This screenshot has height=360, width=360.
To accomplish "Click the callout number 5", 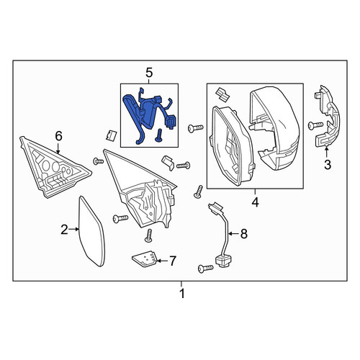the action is click(149, 73).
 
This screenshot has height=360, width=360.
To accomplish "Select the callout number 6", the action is click(59, 136).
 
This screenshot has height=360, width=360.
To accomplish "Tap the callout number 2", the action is click(64, 230).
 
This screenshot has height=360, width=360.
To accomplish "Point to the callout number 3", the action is click(328, 165).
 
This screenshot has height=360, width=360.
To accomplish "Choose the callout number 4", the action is click(256, 202).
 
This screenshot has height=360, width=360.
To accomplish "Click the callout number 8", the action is click(244, 233).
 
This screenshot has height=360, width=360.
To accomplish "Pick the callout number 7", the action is click(173, 261).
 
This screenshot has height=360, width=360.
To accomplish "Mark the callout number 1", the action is click(182, 293).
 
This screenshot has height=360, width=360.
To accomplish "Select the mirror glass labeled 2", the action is click(92, 231).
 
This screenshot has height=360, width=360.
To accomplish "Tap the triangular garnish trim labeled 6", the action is click(54, 167).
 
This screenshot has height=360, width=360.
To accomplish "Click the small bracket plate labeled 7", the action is click(145, 258).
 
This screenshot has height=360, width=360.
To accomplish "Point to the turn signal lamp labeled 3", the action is click(326, 117).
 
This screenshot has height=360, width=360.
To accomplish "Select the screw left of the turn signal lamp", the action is click(315, 125).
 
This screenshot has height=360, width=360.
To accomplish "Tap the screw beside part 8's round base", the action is click(206, 269).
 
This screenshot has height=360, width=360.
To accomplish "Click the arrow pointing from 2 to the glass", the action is click(73, 230).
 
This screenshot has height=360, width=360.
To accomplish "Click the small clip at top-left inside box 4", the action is click(222, 94).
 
